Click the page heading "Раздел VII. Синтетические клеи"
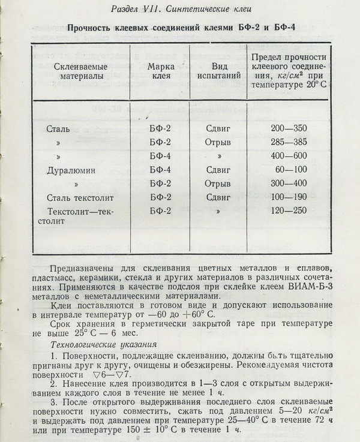tap(179, 8)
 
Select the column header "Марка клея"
tap(160, 71)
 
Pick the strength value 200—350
tap(289, 129)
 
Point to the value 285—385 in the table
tap(289, 143)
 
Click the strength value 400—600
tap(289, 157)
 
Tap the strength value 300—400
tap(289, 184)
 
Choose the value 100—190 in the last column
tap(289, 197)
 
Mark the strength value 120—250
tap(289, 211)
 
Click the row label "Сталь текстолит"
tap(79, 197)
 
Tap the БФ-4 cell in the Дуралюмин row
tap(160, 170)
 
